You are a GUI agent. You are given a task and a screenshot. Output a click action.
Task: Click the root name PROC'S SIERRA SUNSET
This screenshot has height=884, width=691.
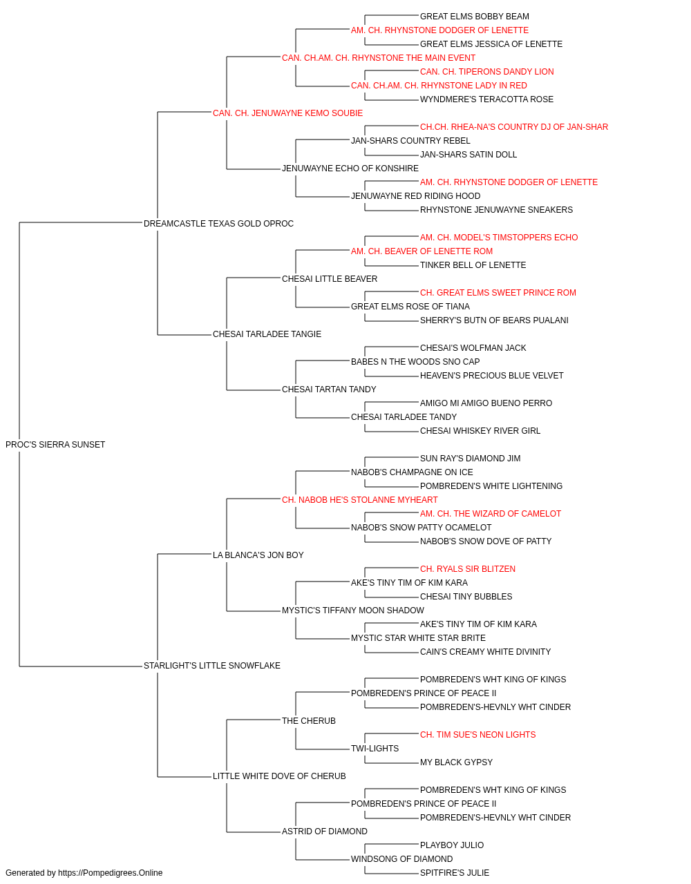[55, 445]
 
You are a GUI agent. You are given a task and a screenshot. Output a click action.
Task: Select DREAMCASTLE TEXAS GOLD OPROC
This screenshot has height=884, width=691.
[218, 224]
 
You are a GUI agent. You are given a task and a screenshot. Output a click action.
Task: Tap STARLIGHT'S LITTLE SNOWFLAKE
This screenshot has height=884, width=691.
[212, 666]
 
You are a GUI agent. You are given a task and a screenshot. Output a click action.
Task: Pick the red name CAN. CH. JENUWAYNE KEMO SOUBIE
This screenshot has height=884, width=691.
[287, 113]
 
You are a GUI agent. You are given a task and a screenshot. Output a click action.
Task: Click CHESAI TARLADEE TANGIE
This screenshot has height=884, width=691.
[267, 334]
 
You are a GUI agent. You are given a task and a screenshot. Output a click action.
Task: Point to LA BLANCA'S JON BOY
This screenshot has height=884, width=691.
[258, 555]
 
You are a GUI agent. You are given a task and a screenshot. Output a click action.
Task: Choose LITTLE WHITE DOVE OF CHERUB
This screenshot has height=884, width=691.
[279, 776]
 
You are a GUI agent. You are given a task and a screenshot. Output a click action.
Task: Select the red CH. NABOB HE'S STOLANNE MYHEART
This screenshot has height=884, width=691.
[360, 500]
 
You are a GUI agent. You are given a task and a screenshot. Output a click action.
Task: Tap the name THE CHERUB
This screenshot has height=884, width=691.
[309, 721]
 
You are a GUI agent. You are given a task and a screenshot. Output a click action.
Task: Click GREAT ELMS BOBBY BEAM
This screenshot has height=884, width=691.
[475, 17]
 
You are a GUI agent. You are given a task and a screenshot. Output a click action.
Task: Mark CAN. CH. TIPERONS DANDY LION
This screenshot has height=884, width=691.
[486, 72]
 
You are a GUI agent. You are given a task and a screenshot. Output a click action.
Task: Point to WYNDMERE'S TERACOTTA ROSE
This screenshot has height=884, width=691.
[486, 99]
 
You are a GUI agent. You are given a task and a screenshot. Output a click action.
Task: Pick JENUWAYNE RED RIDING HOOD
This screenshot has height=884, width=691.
[415, 196]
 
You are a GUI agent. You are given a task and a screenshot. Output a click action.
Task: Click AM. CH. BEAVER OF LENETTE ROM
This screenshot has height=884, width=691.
[422, 251]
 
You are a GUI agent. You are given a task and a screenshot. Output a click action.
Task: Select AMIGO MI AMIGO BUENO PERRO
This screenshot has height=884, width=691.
[486, 403]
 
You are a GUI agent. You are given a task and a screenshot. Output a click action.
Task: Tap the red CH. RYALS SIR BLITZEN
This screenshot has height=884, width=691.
[468, 569]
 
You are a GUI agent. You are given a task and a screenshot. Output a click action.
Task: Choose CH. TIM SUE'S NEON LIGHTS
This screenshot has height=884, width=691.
[477, 735]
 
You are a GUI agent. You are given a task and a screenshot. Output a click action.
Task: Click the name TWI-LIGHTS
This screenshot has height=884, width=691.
[375, 749]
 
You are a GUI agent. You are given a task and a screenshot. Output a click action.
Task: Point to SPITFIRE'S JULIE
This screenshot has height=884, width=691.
[455, 873]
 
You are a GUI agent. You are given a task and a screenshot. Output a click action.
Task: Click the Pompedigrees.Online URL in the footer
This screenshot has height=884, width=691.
[111, 873]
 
